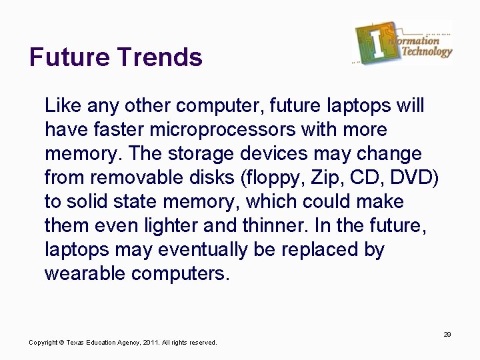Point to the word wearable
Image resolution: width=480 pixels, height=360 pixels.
tap(86, 274)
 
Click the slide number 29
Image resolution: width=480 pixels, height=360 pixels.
tap(447, 334)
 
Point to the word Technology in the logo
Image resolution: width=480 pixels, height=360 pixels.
tap(427, 52)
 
